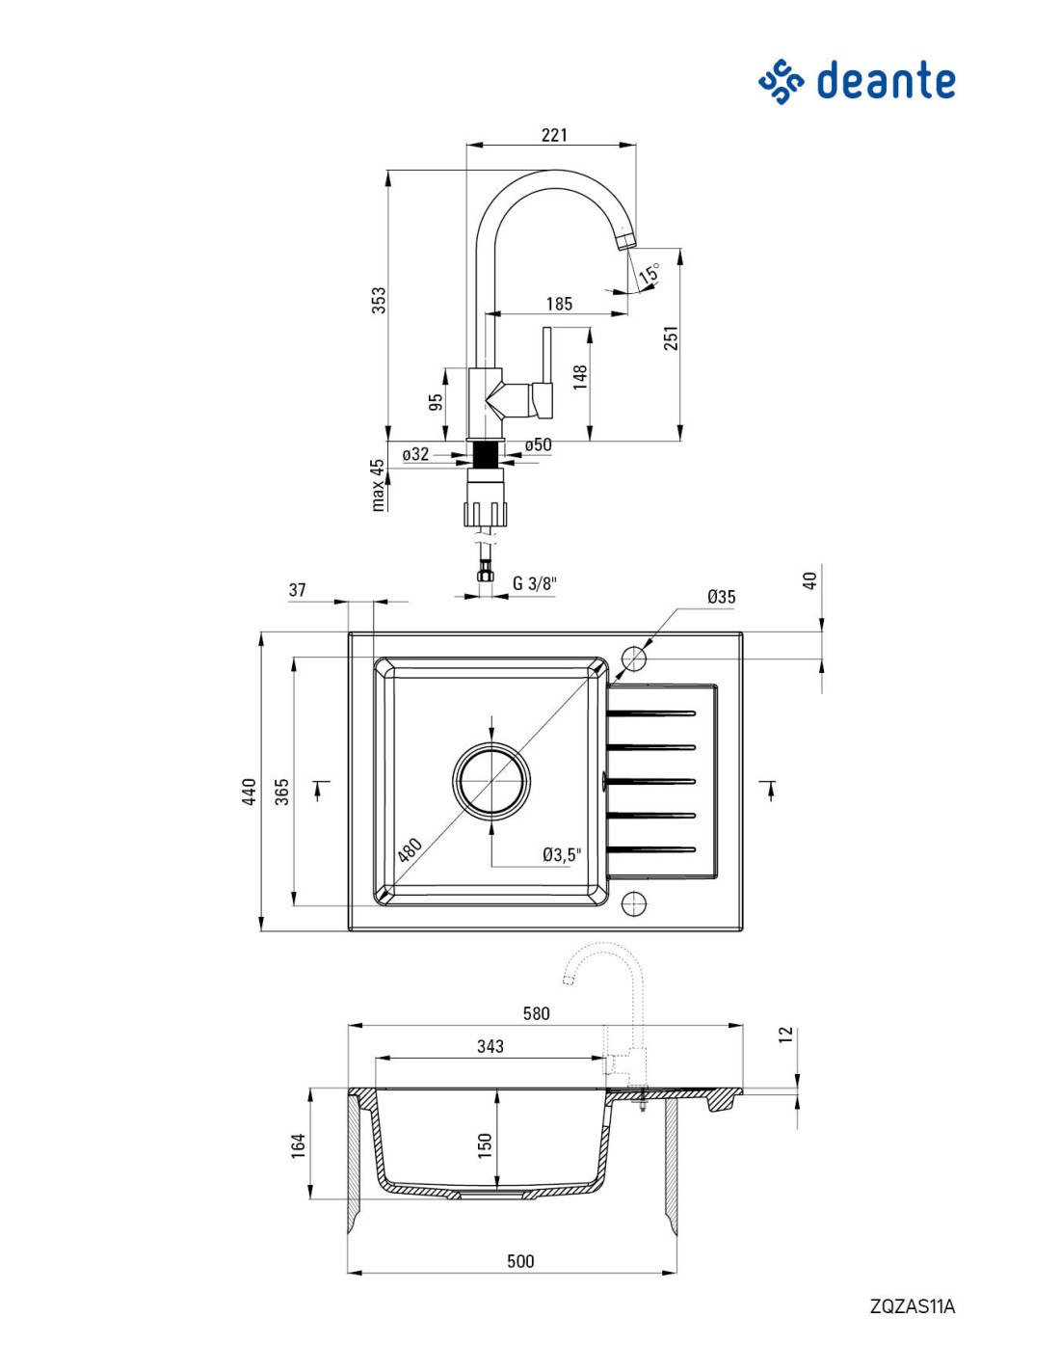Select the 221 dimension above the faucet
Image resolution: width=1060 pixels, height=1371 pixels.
point(554,134)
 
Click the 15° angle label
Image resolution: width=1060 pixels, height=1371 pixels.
point(649,273)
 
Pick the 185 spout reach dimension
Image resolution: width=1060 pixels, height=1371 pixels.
point(559,304)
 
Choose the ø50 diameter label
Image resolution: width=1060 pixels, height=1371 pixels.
point(538,444)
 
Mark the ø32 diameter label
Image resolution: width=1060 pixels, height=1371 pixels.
point(416,454)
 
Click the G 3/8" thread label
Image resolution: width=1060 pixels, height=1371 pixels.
point(536,583)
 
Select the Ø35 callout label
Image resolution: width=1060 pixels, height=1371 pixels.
point(721,596)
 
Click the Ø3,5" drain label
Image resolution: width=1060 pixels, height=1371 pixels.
point(561,854)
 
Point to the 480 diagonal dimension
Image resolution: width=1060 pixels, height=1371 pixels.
point(410,849)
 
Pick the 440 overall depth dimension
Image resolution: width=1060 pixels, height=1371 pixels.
point(250,792)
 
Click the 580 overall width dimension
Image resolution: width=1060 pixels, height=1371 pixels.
point(536,1012)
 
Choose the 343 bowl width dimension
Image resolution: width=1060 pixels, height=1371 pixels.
point(490,1046)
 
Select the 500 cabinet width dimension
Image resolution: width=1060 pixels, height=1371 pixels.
point(520,1260)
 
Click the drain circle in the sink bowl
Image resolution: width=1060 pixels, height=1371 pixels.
point(491,781)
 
